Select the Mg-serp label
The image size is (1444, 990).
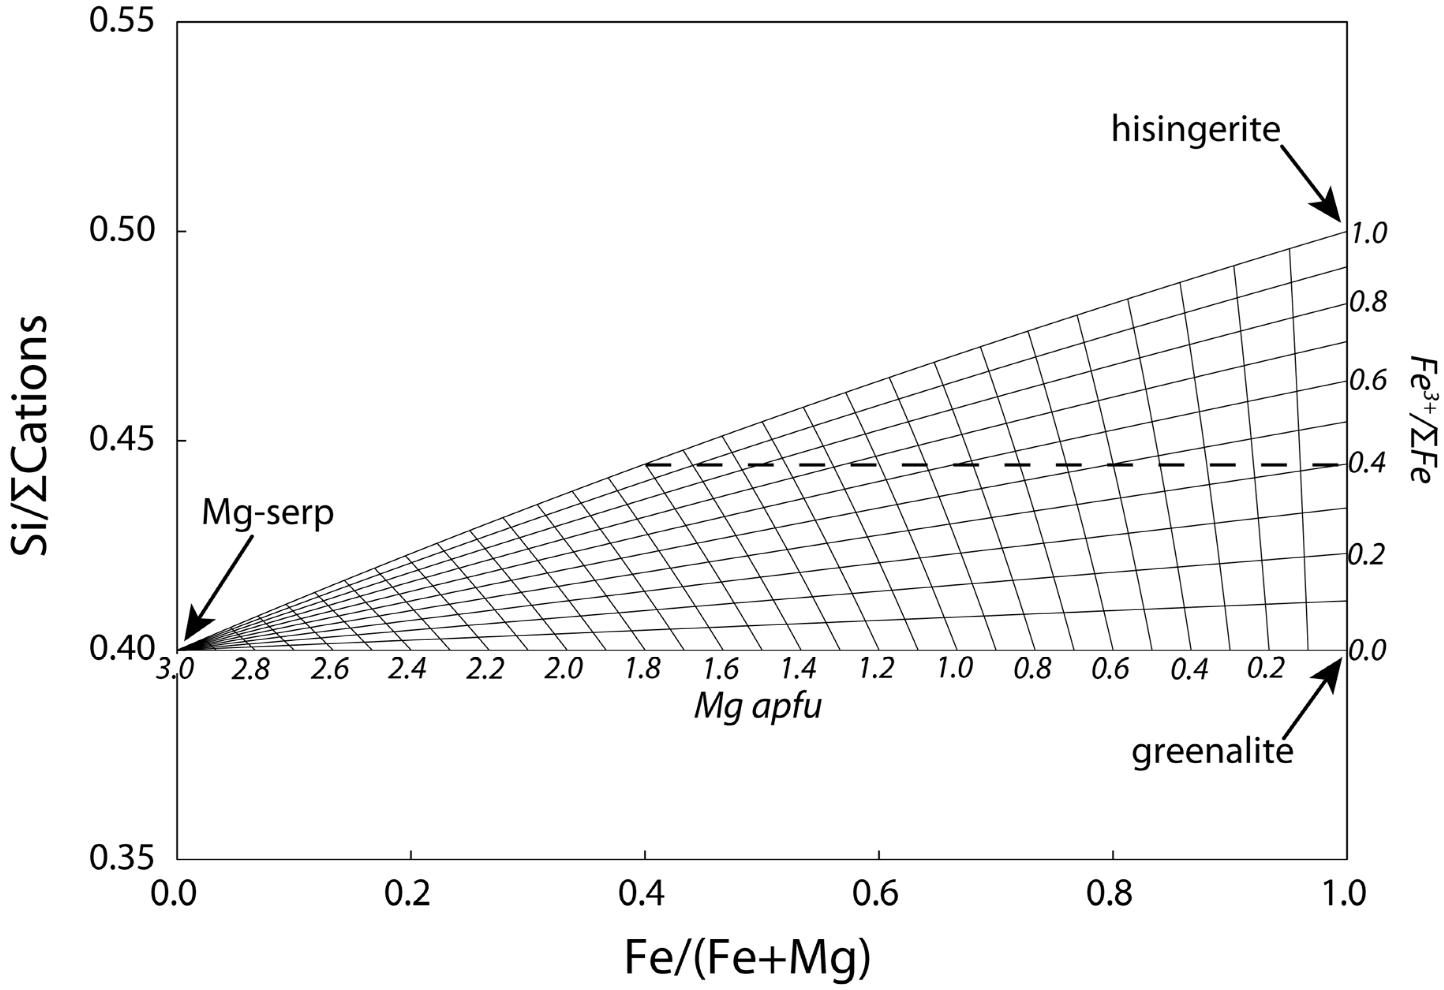(x=268, y=514)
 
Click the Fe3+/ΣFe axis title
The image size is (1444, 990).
(x=1420, y=419)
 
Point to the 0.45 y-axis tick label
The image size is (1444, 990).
(x=121, y=441)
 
